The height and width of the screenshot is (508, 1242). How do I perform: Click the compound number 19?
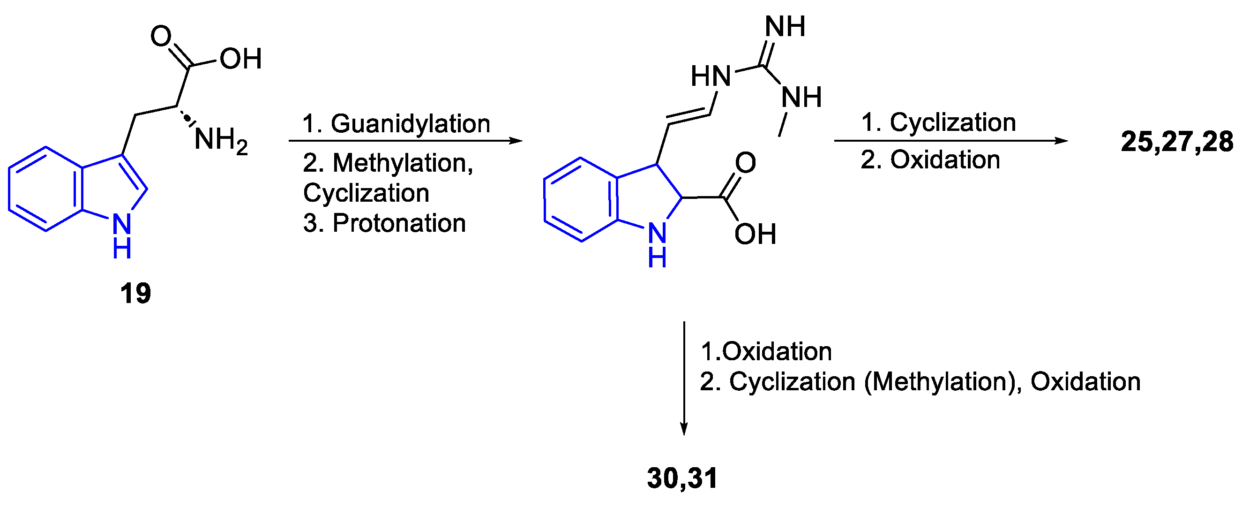coord(135,293)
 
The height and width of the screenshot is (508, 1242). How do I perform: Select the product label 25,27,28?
coord(1176,142)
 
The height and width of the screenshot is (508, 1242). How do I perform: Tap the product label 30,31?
coord(682,478)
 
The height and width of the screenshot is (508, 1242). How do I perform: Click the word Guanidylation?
coord(410,123)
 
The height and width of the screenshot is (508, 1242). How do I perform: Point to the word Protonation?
coord(399,223)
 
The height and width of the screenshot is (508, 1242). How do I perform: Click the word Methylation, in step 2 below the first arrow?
coord(403,163)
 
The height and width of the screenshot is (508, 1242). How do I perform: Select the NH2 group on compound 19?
coord(221,140)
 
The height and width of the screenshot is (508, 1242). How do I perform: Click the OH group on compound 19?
coord(240,59)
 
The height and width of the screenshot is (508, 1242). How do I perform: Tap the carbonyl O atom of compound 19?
coord(161,36)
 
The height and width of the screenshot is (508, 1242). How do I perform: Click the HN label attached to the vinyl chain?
coord(711,76)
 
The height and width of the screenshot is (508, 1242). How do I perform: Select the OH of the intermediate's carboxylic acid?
coord(755,234)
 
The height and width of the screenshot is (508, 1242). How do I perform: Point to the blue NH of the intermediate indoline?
coord(657,243)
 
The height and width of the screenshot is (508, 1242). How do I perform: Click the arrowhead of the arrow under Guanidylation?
coord(516,141)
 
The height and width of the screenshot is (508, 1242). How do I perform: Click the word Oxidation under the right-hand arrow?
coord(945,159)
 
